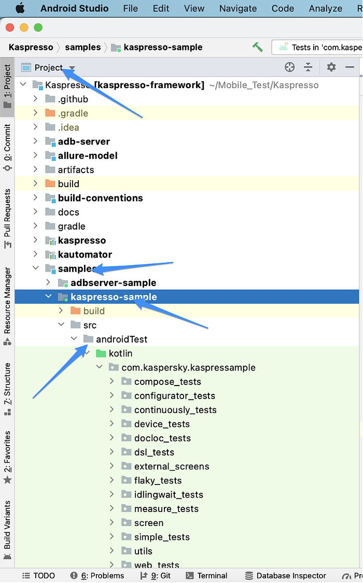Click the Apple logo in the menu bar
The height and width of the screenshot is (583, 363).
pyautogui.click(x=20, y=8)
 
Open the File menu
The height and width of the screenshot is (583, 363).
pyautogui.click(x=131, y=8)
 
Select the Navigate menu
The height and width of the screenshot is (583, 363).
pyautogui.click(x=238, y=8)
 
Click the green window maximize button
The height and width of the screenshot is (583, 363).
pyautogui.click(x=38, y=27)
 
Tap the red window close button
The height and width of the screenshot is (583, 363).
pyautogui.click(x=10, y=27)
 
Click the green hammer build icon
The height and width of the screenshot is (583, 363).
pyautogui.click(x=257, y=47)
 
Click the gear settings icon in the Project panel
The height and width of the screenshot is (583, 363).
pyautogui.click(x=331, y=67)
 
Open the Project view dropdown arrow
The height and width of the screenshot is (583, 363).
pyautogui.click(x=72, y=68)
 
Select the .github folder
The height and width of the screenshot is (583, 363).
pyautogui.click(x=73, y=99)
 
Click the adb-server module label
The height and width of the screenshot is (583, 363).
pyautogui.click(x=83, y=141)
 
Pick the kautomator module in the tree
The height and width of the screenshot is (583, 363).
pyautogui.click(x=85, y=254)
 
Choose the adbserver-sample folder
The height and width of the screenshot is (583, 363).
pyautogui.click(x=114, y=283)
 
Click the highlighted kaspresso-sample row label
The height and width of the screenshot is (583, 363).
pyautogui.click(x=114, y=297)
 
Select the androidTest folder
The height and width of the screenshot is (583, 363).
pyautogui.click(x=122, y=339)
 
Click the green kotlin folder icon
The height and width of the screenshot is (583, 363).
pyautogui.click(x=101, y=353)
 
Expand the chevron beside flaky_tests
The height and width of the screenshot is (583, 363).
pyautogui.click(x=111, y=480)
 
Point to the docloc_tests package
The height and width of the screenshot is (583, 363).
pyautogui.click(x=162, y=438)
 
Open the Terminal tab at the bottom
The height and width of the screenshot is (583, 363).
pyautogui.click(x=212, y=576)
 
